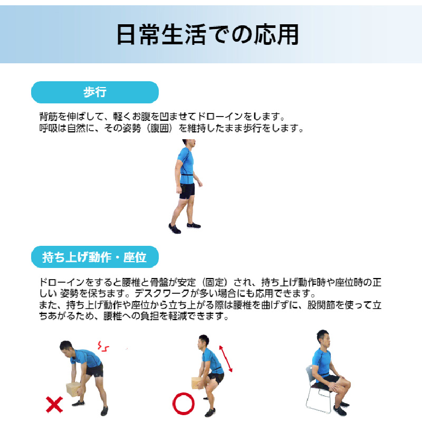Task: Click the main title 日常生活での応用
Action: (x=207, y=34)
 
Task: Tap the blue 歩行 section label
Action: (x=95, y=92)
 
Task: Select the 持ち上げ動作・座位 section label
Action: (x=95, y=257)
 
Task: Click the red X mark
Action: (x=54, y=404)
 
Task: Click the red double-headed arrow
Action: (x=226, y=359)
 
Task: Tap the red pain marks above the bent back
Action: (x=103, y=347)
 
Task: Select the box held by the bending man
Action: (x=73, y=389)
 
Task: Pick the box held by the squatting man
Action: (x=197, y=383)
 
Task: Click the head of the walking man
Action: (x=189, y=143)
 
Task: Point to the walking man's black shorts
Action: (x=187, y=191)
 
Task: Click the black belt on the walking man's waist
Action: (x=188, y=176)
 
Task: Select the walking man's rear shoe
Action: (x=175, y=228)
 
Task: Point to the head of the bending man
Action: (x=66, y=348)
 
